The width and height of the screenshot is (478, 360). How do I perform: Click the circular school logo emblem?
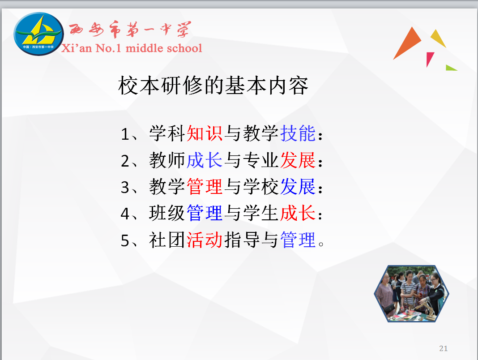(39, 34)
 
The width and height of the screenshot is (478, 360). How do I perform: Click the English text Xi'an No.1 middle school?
(132, 48)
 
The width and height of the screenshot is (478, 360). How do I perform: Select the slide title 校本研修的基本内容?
(213, 86)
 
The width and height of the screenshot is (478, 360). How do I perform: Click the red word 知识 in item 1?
(205, 133)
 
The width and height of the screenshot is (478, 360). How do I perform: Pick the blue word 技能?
(298, 133)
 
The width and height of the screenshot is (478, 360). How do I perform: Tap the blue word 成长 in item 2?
(205, 160)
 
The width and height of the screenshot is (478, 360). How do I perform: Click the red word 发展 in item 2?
(298, 160)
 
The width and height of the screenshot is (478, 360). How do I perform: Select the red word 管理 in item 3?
(205, 187)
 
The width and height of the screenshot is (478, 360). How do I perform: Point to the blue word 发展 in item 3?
(298, 187)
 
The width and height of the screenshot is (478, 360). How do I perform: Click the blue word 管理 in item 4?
(205, 213)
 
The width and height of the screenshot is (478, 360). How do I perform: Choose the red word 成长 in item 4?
(298, 213)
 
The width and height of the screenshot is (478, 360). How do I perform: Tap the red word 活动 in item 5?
(205, 240)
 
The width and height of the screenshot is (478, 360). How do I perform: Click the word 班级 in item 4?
(167, 213)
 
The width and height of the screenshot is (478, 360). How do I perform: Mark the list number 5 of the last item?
(125, 241)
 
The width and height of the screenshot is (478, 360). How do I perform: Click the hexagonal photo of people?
(411, 294)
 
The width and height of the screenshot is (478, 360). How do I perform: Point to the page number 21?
(444, 348)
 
